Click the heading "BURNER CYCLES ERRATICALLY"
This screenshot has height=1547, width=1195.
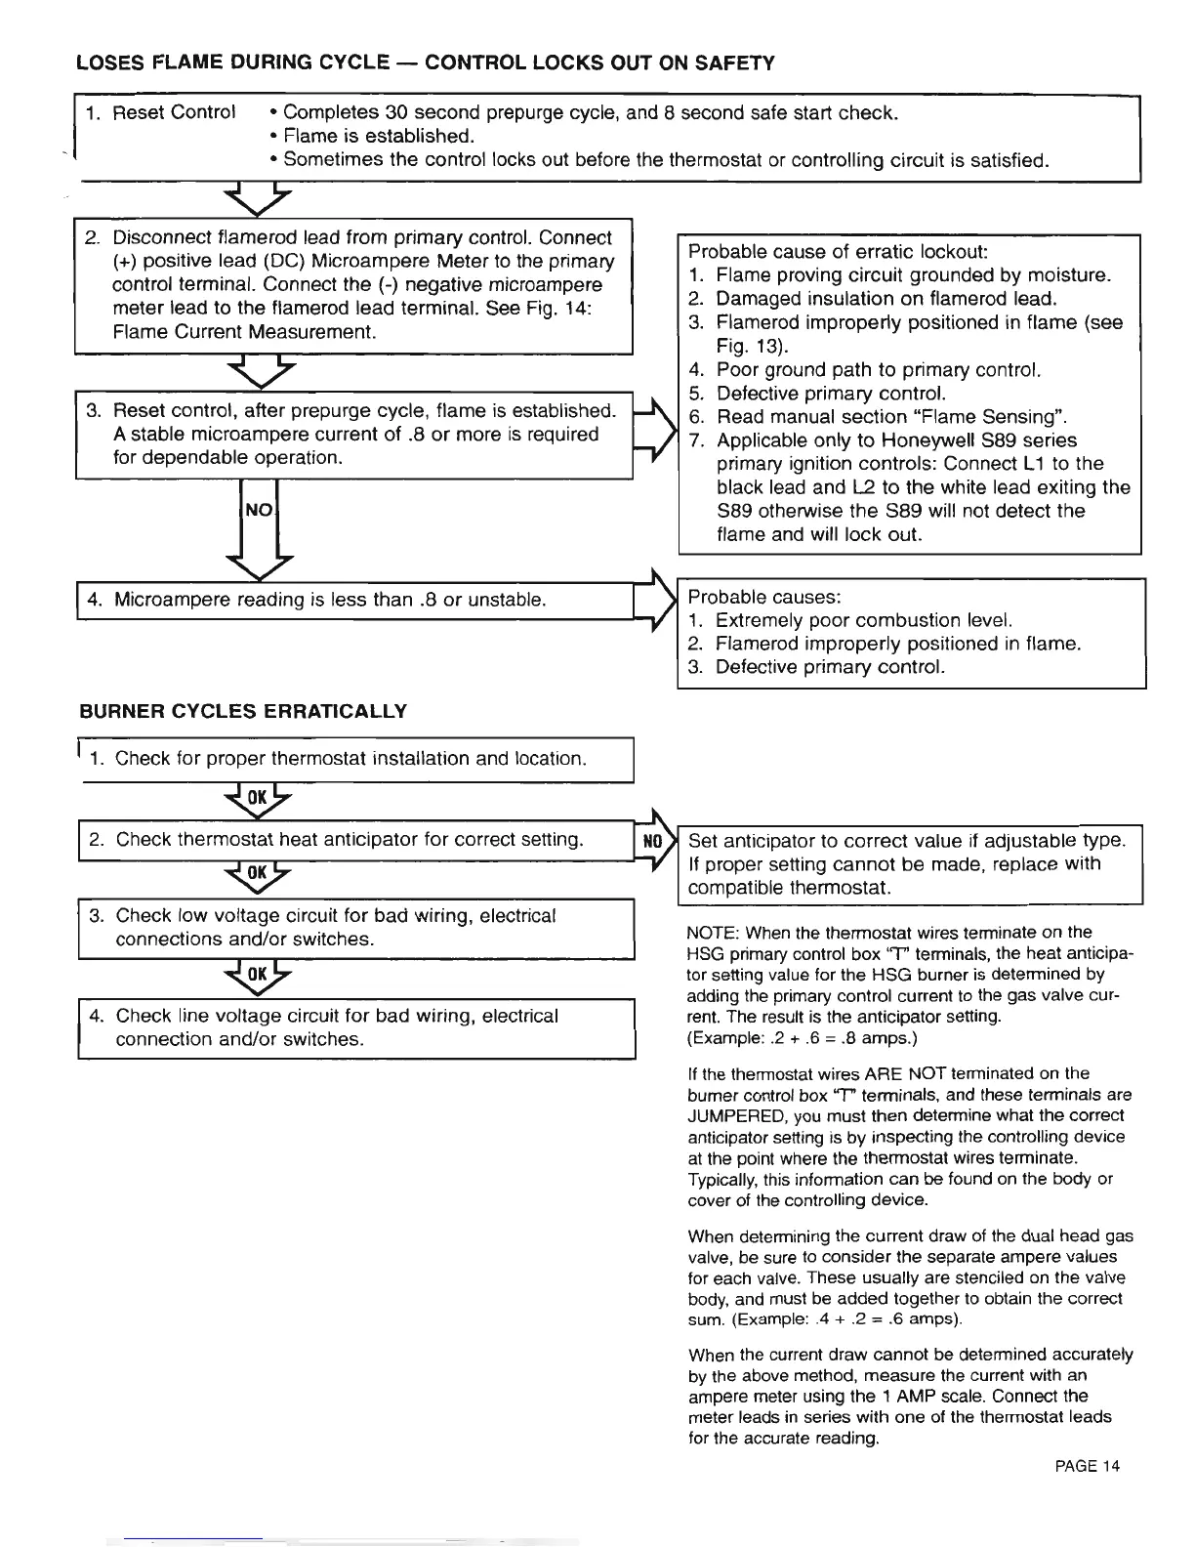[x=242, y=711]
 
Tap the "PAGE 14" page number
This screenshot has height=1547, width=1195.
[x=1087, y=1466]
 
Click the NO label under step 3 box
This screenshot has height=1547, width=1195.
[x=259, y=510]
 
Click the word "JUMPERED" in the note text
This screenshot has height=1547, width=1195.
[x=733, y=1115]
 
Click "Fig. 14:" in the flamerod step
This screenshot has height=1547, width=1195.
[x=563, y=309]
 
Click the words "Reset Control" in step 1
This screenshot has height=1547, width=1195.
[x=174, y=112]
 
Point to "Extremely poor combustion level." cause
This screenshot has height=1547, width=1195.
[x=864, y=620]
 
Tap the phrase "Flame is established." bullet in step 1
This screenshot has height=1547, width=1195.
[x=378, y=136]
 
